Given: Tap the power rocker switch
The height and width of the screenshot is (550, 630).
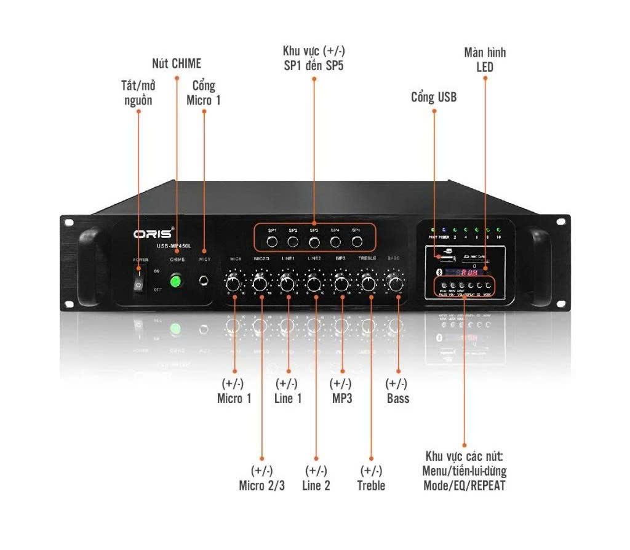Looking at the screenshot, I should tap(139, 284).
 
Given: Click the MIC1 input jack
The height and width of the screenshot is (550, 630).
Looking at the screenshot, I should tap(204, 282).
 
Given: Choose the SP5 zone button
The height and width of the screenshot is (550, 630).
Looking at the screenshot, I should tap(356, 241).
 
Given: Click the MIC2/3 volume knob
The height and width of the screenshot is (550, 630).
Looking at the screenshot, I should tap(260, 284).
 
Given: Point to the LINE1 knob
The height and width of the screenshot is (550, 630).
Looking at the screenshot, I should tap(287, 284).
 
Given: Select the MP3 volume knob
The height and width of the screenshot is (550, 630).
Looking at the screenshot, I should tap(341, 284).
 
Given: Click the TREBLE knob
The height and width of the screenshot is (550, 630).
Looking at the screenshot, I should tap(368, 284).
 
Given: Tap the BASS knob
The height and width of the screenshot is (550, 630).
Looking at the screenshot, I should tap(395, 284).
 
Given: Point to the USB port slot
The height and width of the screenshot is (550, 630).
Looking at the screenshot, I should tap(444, 257).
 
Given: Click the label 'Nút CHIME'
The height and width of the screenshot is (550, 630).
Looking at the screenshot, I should tap(177, 63).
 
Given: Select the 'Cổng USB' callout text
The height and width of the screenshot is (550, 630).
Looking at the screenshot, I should tap(434, 97).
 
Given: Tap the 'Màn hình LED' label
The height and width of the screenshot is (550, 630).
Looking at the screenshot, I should tap(485, 60).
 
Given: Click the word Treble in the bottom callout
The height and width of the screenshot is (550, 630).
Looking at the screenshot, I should tap(371, 485).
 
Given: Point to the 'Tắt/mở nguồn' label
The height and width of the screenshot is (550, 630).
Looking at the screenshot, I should tap(138, 93).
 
